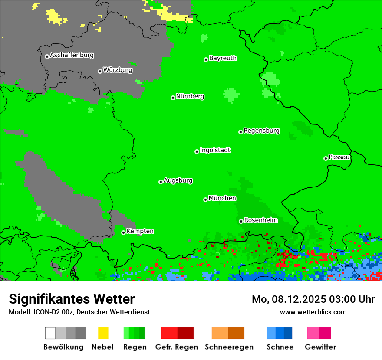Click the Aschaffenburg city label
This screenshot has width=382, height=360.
click(x=72, y=56)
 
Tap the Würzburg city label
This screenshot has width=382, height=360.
click(x=118, y=70)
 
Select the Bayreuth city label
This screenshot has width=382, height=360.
click(x=223, y=58)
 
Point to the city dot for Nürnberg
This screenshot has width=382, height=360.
click(x=173, y=98)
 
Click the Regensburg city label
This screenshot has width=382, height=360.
click(x=261, y=131)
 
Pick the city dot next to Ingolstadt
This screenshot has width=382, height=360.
click(x=197, y=151)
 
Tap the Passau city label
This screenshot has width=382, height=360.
click(x=339, y=157)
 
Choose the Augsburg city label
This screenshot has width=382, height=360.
click(x=178, y=180)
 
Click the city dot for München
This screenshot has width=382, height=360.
click(x=205, y=200)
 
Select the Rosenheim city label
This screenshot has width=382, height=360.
click(x=260, y=220)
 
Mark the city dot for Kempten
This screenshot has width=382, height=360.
click(x=123, y=232)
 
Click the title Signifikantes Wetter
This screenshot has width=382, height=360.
click(x=72, y=299)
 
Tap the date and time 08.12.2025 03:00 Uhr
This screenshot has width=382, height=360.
click(x=313, y=299)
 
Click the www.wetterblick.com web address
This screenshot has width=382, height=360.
click(x=313, y=312)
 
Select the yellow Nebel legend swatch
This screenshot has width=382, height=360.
click(x=103, y=333)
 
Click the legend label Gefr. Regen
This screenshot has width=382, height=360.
click(x=176, y=347)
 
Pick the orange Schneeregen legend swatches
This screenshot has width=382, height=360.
click(x=228, y=333)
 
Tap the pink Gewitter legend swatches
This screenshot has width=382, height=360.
click(x=319, y=333)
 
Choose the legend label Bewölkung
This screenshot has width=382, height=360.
click(x=63, y=347)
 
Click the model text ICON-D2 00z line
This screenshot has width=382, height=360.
click(x=79, y=312)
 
